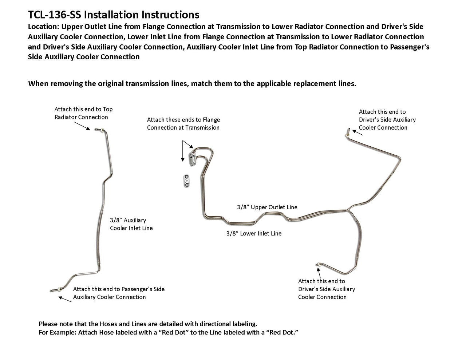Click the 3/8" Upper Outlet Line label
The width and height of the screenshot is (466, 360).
pyautogui.click(x=267, y=207)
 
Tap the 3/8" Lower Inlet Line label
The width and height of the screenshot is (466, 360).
pyautogui.click(x=254, y=233)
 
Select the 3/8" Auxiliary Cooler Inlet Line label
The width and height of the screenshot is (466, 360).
pyautogui.click(x=131, y=224)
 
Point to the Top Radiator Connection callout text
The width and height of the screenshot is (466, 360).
pyautogui.click(x=83, y=113)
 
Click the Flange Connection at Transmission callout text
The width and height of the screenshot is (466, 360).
pyautogui.click(x=183, y=123)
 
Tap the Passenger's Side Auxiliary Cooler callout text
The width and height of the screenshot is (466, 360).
pyautogui.click(x=119, y=293)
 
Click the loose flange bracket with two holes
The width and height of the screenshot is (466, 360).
pyautogui.click(x=187, y=181)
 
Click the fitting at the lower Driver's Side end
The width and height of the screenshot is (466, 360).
pyautogui.click(x=319, y=264)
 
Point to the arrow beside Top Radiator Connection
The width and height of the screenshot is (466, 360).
pyautogui.click(x=83, y=125)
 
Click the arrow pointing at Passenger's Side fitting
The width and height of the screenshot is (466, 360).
pyautogui.click(x=65, y=299)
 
